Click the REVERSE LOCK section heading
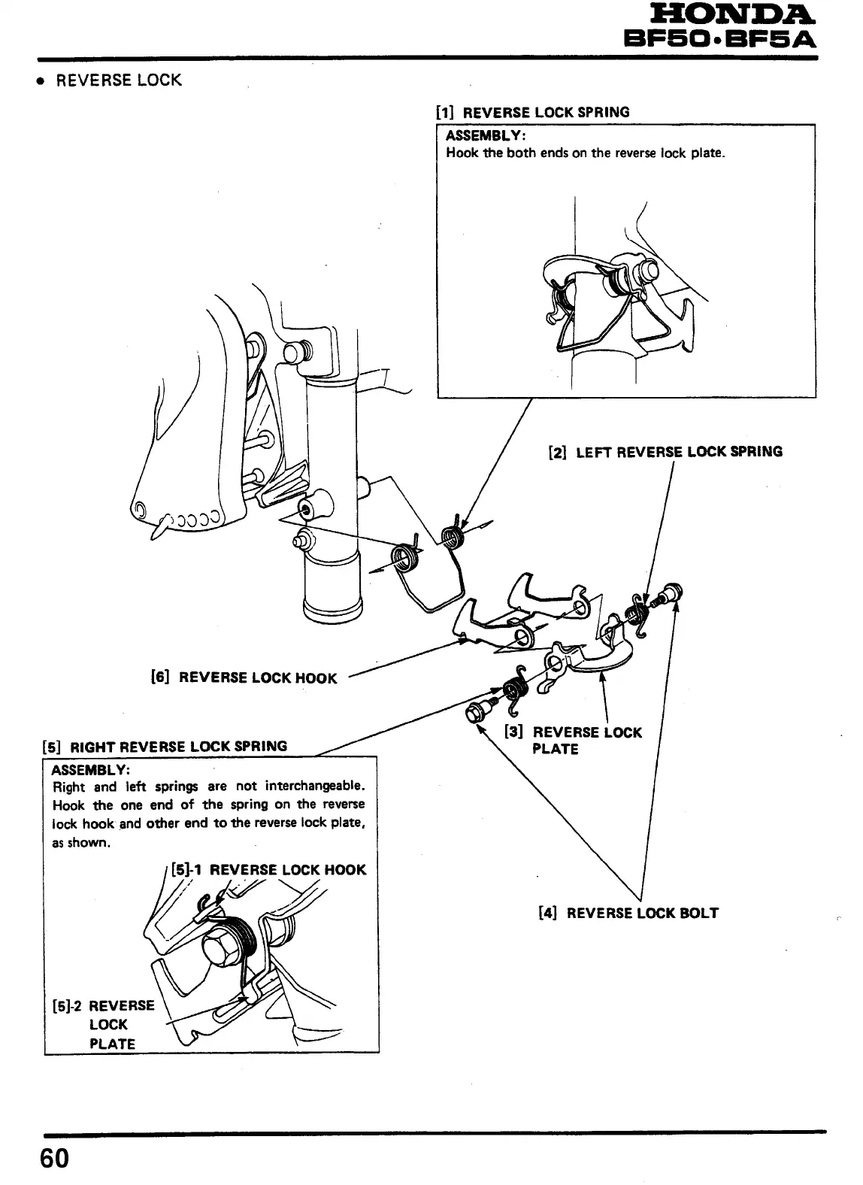(119, 80)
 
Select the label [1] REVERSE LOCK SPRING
(533, 113)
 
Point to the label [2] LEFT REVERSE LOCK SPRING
(666, 452)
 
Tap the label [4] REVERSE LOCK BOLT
(628, 913)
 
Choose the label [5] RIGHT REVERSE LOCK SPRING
(164, 746)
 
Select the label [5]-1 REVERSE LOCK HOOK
(268, 870)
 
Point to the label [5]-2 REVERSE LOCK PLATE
(104, 1024)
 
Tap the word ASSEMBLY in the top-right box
(485, 136)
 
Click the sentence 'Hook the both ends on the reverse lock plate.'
(585, 153)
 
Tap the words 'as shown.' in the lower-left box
(81, 842)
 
